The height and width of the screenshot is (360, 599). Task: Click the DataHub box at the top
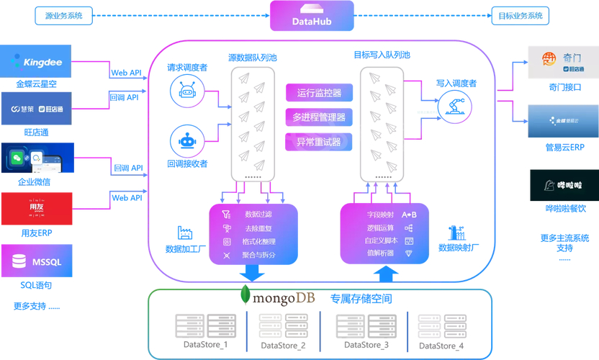click(312, 16)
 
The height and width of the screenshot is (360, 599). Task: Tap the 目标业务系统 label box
click(520, 15)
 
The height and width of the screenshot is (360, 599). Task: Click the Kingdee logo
click(37, 62)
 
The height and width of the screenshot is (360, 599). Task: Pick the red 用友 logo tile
click(37, 209)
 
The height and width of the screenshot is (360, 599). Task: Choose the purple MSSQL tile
click(37, 261)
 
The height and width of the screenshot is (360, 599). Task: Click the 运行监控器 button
click(319, 92)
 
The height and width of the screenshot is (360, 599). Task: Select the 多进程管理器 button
click(319, 117)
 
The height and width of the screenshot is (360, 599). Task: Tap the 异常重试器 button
click(319, 142)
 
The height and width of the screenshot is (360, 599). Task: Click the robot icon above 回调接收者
click(187, 141)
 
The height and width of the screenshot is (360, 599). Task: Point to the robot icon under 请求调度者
click(187, 91)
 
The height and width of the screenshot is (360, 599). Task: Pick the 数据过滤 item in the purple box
click(258, 215)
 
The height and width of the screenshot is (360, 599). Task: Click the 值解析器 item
click(380, 253)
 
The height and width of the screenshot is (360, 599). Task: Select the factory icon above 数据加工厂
click(185, 233)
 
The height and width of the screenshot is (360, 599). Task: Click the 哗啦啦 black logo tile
click(564, 185)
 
